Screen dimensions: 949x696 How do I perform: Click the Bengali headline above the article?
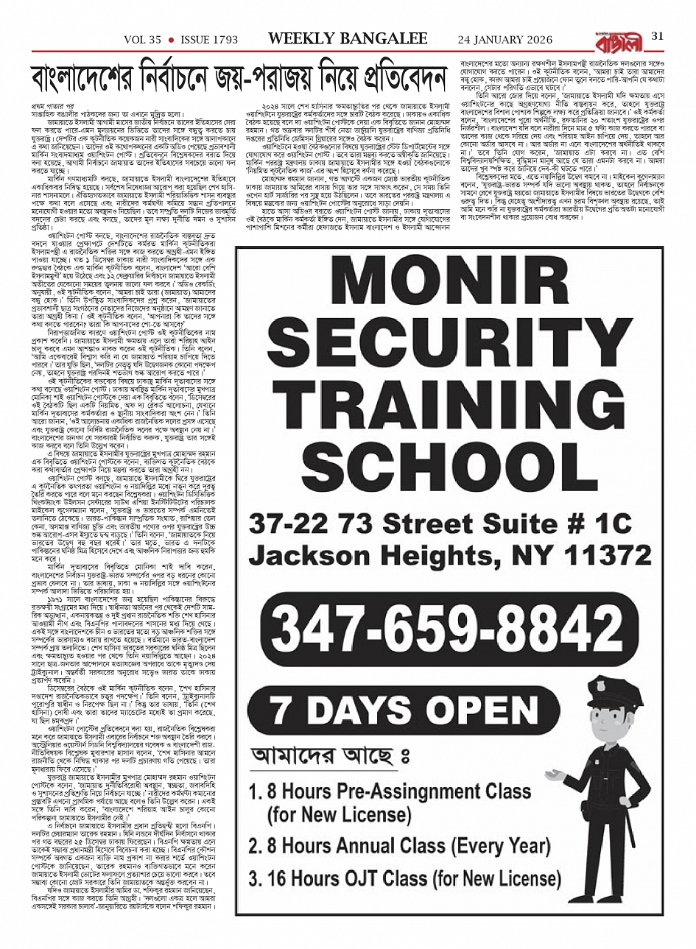pyautogui.click(x=241, y=77)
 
